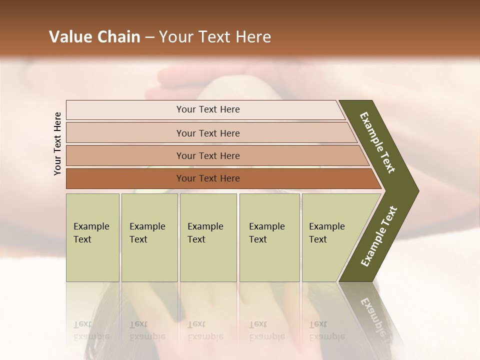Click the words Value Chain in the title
tap(94, 37)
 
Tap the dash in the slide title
tap(149, 37)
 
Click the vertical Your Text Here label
tap(57, 143)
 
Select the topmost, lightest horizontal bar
tap(208, 109)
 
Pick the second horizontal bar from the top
tap(208, 133)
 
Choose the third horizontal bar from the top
tap(208, 155)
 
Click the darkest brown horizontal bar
tap(208, 178)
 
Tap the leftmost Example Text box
tap(92, 237)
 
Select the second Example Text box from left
tap(149, 237)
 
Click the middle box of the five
tap(208, 237)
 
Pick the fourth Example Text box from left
tap(269, 237)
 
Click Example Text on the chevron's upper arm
tap(377, 142)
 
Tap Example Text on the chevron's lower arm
tap(379, 236)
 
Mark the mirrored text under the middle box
tap(205, 330)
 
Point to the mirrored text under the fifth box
tap(326, 330)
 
